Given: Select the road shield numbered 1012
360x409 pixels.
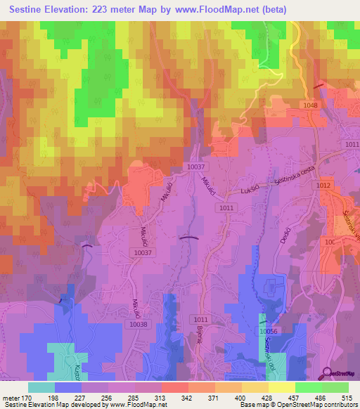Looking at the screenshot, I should point(323,185).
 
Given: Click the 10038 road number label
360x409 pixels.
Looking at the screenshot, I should point(139,324).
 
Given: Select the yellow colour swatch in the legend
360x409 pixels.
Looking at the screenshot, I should point(281,387).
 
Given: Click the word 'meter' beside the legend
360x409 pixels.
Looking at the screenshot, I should point(10,398).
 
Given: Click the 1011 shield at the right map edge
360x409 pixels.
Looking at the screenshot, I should point(352,144).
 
